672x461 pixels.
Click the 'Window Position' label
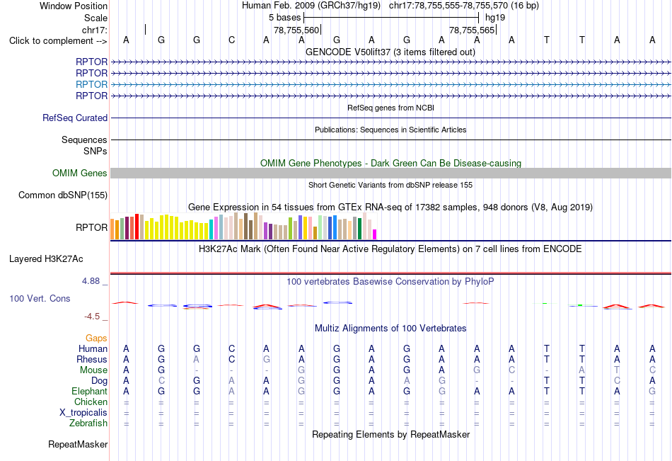coord(74,6)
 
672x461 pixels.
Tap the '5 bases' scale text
coord(284,18)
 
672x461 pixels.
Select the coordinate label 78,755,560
coord(296,30)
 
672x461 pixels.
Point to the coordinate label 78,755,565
coord(472,30)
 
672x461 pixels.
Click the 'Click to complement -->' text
coord(58,41)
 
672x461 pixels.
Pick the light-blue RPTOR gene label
coord(91,84)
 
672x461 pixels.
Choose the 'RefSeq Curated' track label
coord(75,118)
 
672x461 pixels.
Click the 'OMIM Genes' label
coord(80,173)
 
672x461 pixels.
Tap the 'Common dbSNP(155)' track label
coord(63,195)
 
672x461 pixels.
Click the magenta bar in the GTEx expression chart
coord(375,234)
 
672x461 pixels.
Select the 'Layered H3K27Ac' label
coord(46,259)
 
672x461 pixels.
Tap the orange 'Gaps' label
coord(96,338)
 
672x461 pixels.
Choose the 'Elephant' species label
coord(89,392)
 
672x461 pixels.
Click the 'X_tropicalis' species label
coord(83,413)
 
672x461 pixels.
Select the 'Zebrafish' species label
coord(88,423)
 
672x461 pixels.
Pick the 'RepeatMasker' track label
coord(78,444)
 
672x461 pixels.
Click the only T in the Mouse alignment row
coord(617,370)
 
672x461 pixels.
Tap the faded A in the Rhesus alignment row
coord(196,359)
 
